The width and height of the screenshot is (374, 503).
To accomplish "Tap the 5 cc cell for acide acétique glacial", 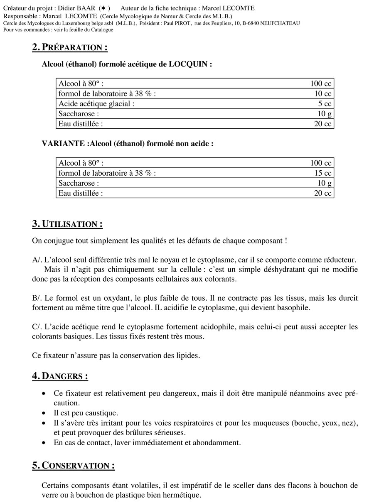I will click(x=325, y=104).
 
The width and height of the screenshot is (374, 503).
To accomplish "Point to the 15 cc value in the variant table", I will click(x=322, y=173).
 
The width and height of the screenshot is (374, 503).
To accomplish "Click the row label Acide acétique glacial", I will click(x=96, y=104).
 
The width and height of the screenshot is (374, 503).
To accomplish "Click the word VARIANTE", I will click(x=64, y=144).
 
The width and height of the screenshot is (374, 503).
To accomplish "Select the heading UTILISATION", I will click(x=72, y=224).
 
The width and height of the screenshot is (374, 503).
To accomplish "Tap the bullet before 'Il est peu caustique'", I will click(x=44, y=413).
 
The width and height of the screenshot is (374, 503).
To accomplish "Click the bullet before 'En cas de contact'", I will click(x=44, y=443).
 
